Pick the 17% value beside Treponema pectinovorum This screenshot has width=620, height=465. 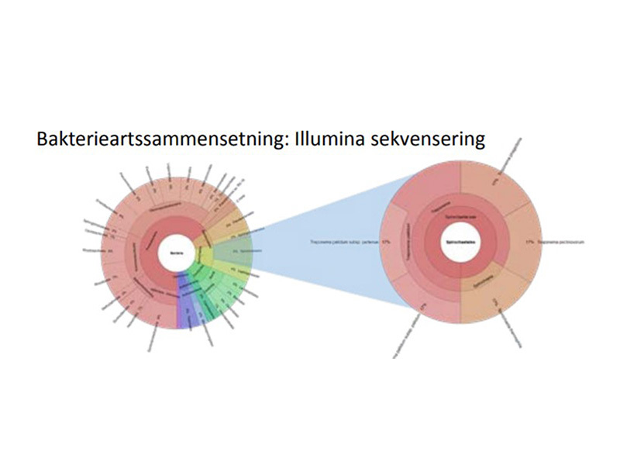tap(530, 242)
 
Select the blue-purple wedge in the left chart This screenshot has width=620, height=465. tap(183, 306)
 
